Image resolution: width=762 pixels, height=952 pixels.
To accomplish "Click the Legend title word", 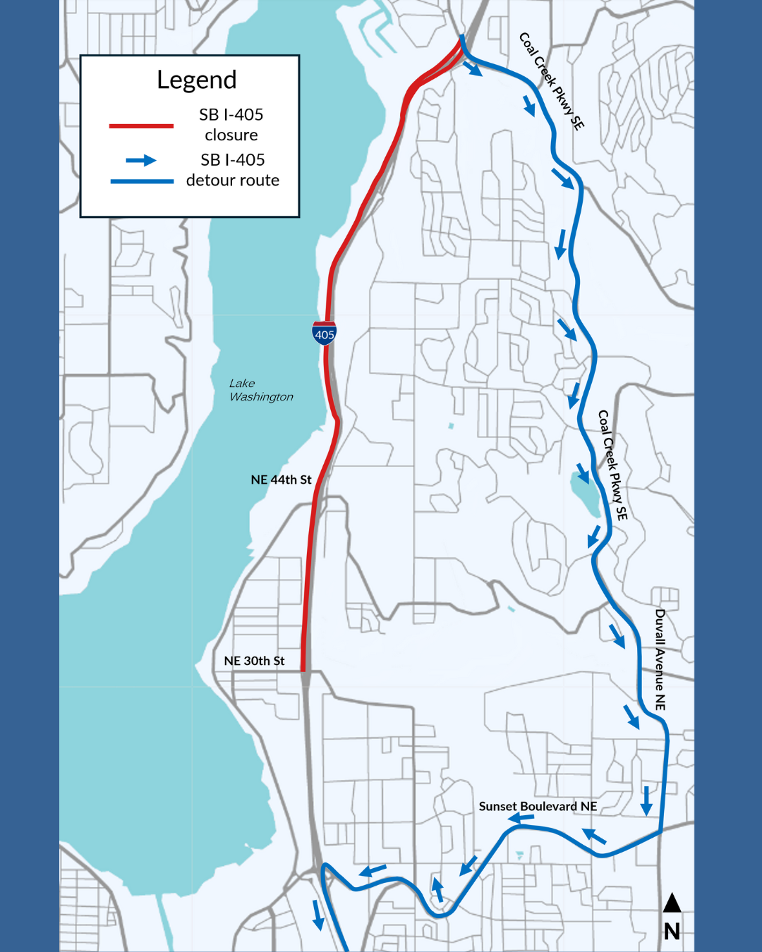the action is click(x=196, y=80).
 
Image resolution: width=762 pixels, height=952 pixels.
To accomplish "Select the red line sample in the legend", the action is click(x=141, y=126).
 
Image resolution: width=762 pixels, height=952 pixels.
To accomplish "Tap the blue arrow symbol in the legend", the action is click(x=141, y=160).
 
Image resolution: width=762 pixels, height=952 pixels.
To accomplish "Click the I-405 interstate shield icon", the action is click(x=325, y=333).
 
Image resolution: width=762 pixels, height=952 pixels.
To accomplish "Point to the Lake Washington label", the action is click(x=260, y=390).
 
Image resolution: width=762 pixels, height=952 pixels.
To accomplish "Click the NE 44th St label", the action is click(x=281, y=480).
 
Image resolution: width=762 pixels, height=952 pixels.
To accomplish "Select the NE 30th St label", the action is click(x=254, y=661).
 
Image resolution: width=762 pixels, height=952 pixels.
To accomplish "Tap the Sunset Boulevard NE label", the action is click(x=538, y=806).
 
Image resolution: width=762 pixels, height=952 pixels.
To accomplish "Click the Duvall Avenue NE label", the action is click(x=660, y=659).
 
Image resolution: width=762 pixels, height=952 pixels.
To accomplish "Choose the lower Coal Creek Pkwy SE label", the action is click(x=612, y=465).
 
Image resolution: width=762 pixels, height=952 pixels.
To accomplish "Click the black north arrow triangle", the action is click(x=672, y=902).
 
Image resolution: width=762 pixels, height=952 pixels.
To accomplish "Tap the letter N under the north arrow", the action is click(x=672, y=932).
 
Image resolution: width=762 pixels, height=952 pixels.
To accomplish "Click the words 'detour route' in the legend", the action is click(x=232, y=181).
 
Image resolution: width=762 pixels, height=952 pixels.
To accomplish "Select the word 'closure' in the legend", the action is click(x=231, y=135).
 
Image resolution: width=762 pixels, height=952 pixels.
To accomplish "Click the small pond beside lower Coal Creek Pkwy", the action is click(x=586, y=494).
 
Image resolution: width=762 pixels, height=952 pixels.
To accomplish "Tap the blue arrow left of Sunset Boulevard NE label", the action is click(x=521, y=818).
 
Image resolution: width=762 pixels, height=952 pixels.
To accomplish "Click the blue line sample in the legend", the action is click(x=141, y=181).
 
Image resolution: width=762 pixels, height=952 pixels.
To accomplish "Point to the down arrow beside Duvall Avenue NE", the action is click(x=646, y=800).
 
